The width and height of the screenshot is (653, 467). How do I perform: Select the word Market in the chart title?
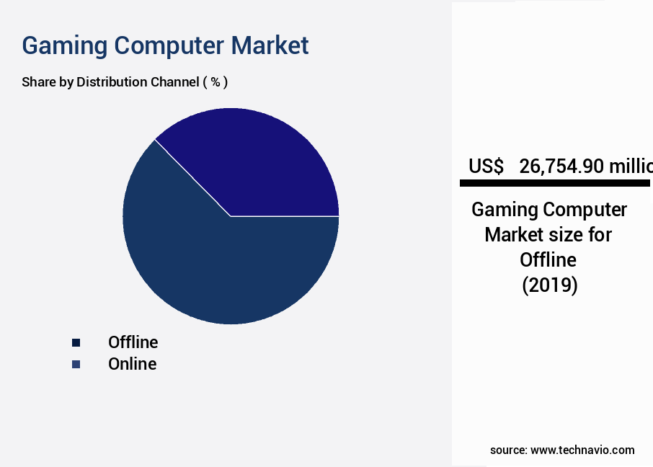point(270,45)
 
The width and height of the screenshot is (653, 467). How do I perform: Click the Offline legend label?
point(133,342)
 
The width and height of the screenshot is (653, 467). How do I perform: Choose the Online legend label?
point(132,364)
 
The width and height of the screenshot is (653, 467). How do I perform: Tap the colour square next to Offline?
point(76,342)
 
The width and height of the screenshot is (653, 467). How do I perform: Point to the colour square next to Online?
point(76,364)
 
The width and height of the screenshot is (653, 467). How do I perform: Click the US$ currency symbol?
point(486,166)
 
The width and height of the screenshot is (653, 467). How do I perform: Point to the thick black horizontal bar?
point(555,184)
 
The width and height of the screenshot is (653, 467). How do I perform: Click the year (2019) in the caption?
point(549,285)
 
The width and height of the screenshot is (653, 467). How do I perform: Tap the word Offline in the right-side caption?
point(548,260)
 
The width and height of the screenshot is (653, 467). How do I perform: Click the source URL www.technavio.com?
point(582,450)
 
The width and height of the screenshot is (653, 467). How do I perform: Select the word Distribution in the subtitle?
point(112,81)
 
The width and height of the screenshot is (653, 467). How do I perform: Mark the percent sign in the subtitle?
point(215,81)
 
